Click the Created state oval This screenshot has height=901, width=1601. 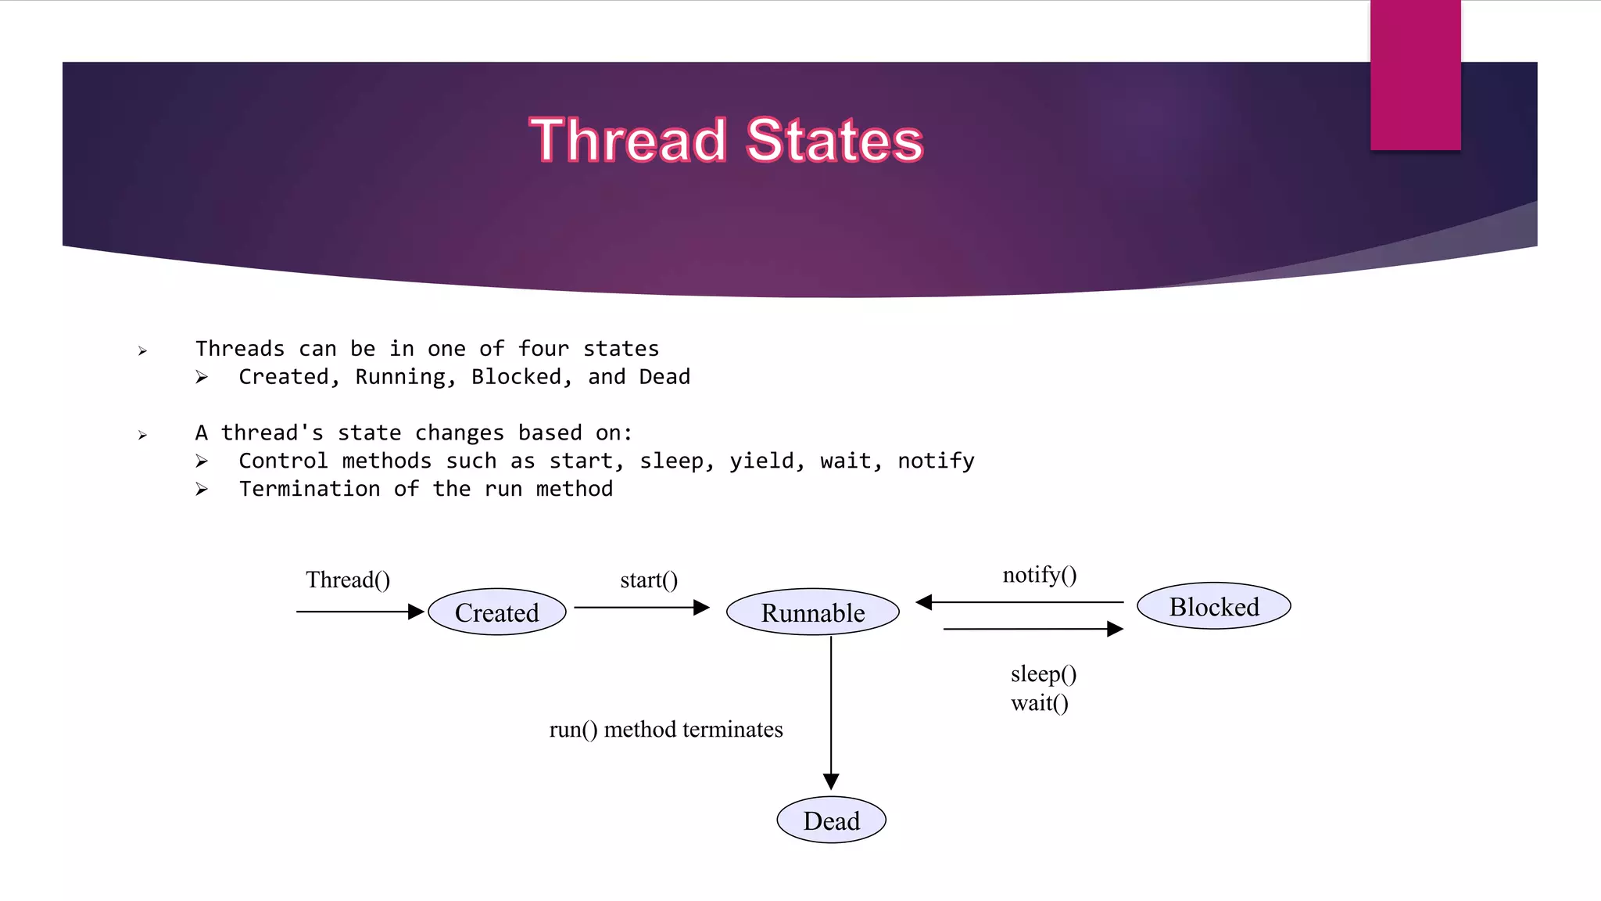tap(497, 612)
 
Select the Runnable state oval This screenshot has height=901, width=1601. tap(813, 612)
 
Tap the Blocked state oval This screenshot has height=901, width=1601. tap(1213, 605)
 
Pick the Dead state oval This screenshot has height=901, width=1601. tap(831, 820)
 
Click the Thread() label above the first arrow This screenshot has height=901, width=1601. tap(348, 580)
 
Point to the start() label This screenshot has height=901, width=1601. tap(649, 580)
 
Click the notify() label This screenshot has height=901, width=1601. tap(1040, 575)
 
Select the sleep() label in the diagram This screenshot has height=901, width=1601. tap(1044, 673)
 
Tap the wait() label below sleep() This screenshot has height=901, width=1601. tap(1040, 702)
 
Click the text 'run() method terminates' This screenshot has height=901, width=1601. tap(666, 729)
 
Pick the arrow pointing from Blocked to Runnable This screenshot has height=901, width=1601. tap(1020, 602)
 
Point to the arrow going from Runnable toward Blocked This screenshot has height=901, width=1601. tap(1032, 629)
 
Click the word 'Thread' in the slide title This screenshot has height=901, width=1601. tap(629, 141)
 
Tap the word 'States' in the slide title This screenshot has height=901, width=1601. tap(834, 141)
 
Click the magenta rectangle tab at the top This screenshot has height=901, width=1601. tap(1415, 74)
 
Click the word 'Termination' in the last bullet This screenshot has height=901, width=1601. tap(310, 489)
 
